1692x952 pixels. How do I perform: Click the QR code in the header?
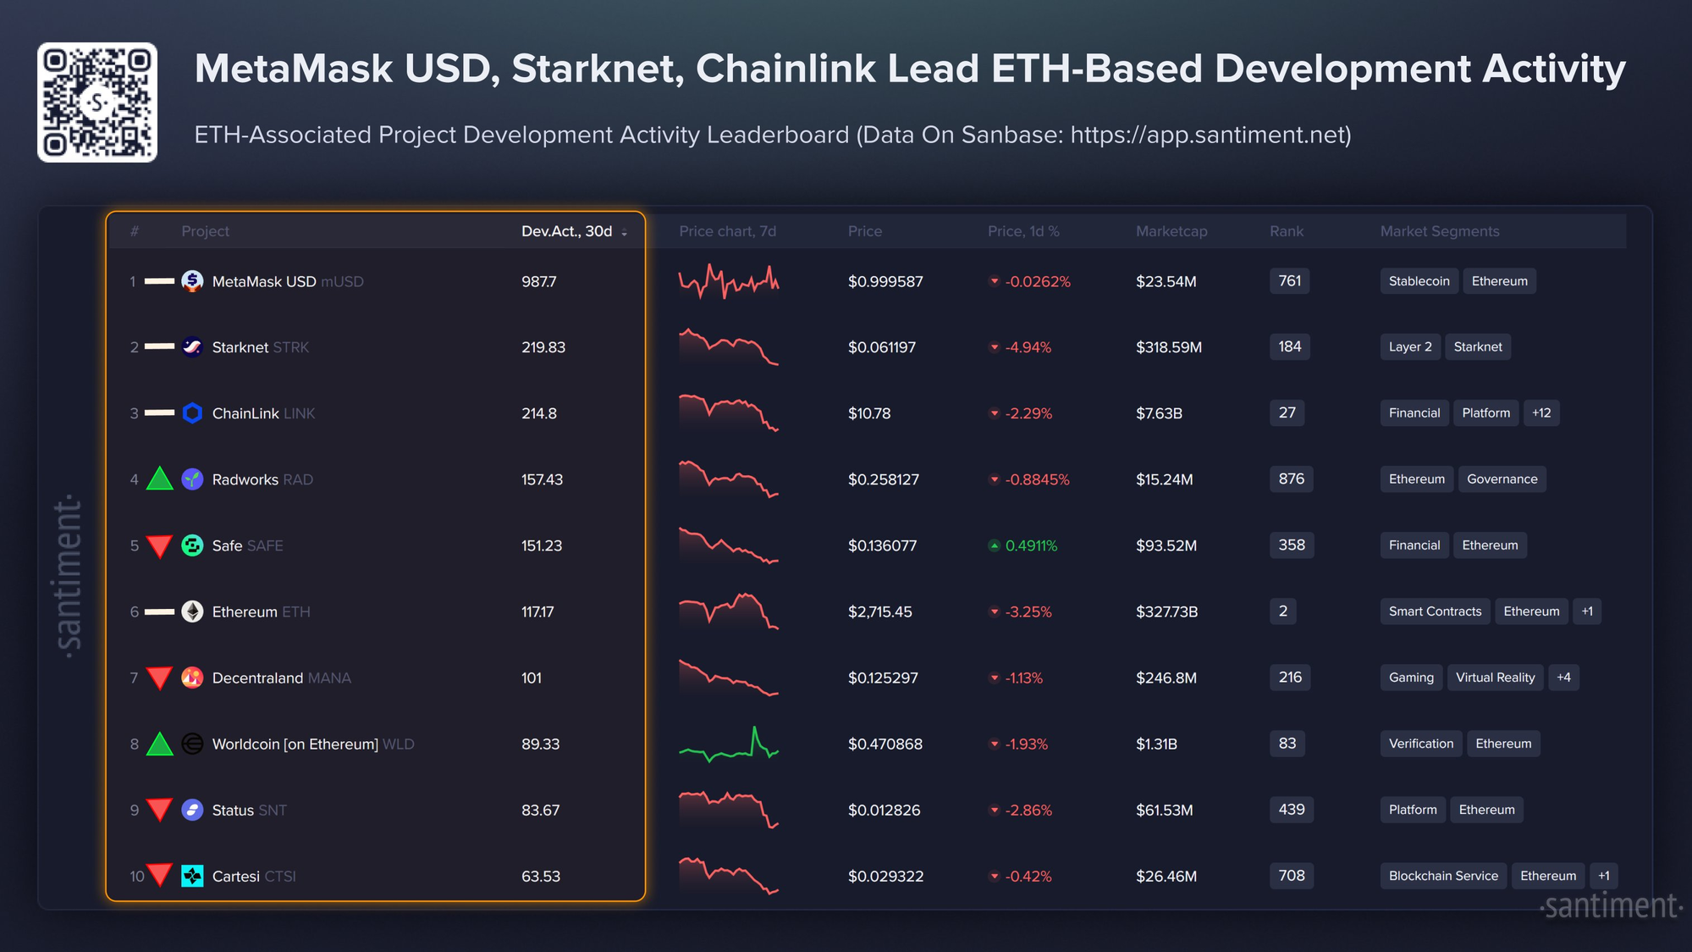[97, 102]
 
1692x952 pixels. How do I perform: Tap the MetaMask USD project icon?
[192, 281]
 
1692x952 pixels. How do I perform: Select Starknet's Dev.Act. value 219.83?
[543, 347]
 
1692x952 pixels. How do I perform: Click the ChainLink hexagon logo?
[192, 413]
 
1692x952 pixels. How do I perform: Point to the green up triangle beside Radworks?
[159, 479]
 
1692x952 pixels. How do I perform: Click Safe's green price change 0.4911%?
[1031, 546]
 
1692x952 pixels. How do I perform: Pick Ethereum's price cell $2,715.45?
[880, 612]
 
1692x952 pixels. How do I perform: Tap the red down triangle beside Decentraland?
[159, 678]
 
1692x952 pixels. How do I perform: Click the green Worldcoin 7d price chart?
[729, 744]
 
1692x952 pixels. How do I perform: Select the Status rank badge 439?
[1291, 810]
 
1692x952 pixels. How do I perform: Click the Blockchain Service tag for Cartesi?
[1443, 876]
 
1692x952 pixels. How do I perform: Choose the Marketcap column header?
[1171, 231]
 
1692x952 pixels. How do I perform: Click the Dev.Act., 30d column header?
[567, 231]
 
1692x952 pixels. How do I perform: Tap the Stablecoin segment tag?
[1419, 281]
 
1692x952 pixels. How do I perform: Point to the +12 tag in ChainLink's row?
[1541, 413]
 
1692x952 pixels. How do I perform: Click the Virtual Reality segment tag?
[1495, 678]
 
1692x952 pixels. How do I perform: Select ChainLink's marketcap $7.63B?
[1159, 413]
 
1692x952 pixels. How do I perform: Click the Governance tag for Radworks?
[1502, 479]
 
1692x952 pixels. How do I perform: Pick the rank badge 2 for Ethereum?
[1283, 612]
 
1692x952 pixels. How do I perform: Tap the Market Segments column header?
[1440, 231]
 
